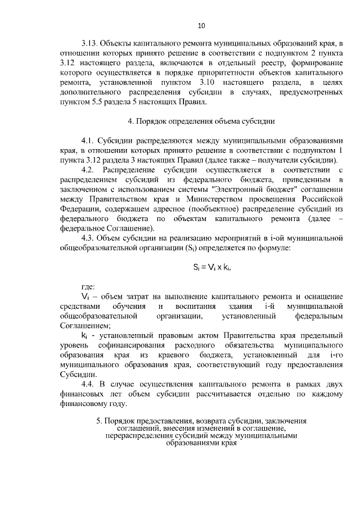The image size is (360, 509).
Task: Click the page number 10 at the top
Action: (x=201, y=25)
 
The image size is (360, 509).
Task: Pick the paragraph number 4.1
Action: (x=90, y=140)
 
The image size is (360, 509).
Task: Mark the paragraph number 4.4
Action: (x=90, y=385)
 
